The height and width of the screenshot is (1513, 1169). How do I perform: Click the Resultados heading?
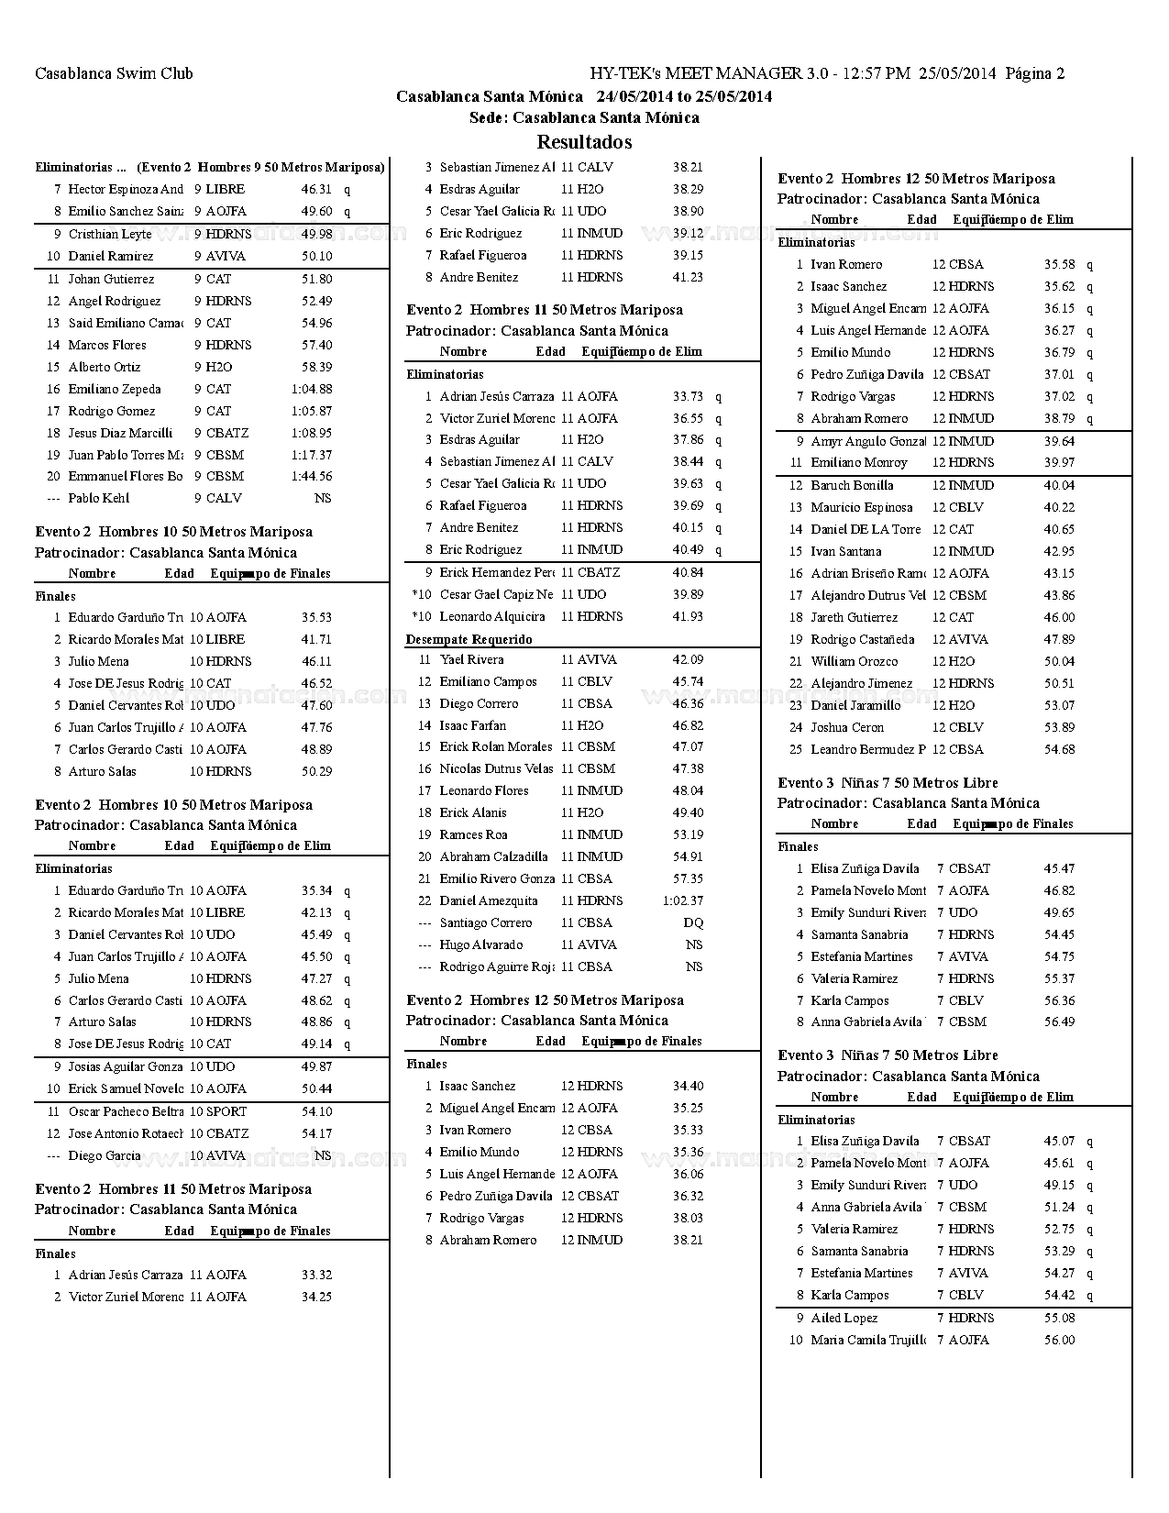click(584, 142)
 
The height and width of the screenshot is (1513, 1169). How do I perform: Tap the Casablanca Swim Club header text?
click(114, 73)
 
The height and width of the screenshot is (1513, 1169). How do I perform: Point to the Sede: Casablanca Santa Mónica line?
click(584, 117)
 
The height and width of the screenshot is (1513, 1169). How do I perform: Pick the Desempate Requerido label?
click(469, 639)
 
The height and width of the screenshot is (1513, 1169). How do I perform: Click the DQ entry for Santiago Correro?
click(693, 923)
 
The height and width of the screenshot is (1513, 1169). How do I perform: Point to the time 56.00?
click(1059, 1341)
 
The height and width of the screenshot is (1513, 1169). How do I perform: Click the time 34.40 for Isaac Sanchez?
click(688, 1087)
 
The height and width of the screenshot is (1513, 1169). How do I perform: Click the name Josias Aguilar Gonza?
click(126, 1067)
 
